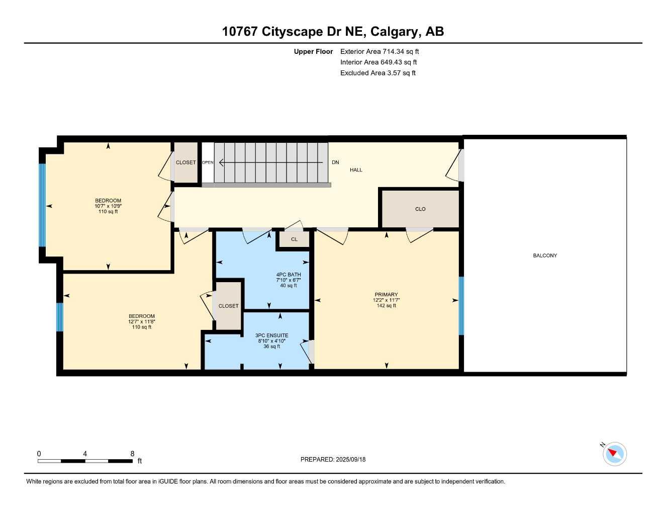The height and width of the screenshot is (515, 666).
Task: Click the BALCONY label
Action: pyautogui.click(x=545, y=255)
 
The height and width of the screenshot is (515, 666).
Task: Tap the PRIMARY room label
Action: pyautogui.click(x=386, y=295)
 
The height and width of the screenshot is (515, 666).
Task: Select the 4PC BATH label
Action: pyautogui.click(x=289, y=275)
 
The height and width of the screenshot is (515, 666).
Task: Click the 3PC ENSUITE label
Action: pyautogui.click(x=272, y=335)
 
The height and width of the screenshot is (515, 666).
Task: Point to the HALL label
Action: pyautogui.click(x=356, y=170)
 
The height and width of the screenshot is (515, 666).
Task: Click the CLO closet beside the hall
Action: pyautogui.click(x=420, y=209)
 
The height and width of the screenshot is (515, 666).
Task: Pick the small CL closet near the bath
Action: pyautogui.click(x=294, y=239)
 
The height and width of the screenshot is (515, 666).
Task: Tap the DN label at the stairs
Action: pyautogui.click(x=335, y=162)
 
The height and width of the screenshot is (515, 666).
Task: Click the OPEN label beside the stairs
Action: pyautogui.click(x=208, y=162)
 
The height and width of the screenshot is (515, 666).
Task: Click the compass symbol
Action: pyautogui.click(x=614, y=454)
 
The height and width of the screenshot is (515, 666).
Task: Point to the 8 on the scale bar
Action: pyautogui.click(x=133, y=454)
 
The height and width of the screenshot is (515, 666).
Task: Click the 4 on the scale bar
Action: pyautogui.click(x=85, y=454)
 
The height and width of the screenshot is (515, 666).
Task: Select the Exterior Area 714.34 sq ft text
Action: pyautogui.click(x=379, y=51)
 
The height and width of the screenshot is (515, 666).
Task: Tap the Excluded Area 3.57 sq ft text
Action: pyautogui.click(x=378, y=73)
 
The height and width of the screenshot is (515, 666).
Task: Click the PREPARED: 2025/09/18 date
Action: pyautogui.click(x=333, y=459)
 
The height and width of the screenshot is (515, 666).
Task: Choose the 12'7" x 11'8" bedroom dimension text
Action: pyautogui.click(x=142, y=322)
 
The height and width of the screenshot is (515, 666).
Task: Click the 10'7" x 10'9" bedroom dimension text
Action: pyautogui.click(x=108, y=206)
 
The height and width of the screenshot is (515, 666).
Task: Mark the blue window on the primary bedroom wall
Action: pyautogui.click(x=461, y=306)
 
